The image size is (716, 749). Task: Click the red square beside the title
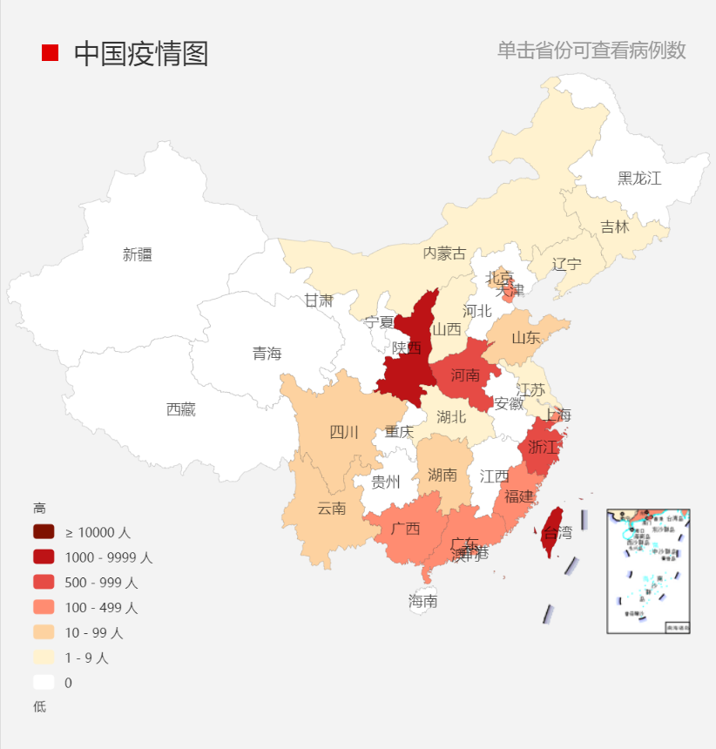[x=51, y=53]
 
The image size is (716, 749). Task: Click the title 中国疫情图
[x=141, y=53]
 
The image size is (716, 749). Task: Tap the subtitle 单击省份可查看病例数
[x=591, y=51]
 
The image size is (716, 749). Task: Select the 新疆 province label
[x=138, y=254]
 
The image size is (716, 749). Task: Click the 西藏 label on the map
[x=181, y=409]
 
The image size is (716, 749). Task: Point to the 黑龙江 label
[x=639, y=179]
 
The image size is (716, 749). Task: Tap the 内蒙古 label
[x=444, y=253]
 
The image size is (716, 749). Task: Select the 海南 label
[x=423, y=601]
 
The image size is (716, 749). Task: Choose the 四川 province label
[x=344, y=432]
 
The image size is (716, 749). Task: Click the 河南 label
[x=465, y=375]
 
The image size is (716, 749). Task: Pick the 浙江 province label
[x=543, y=447]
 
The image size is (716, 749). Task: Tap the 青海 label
[x=267, y=353]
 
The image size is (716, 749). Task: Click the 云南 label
[x=331, y=508]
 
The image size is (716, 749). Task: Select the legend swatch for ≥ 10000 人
[x=44, y=532]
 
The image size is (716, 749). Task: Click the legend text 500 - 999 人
[x=101, y=583]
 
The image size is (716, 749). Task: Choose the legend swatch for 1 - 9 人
[x=44, y=658]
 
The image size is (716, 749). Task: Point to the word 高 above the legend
[x=39, y=508]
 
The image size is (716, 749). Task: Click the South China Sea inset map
[x=648, y=571]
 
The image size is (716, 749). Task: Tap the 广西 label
[x=405, y=528]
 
